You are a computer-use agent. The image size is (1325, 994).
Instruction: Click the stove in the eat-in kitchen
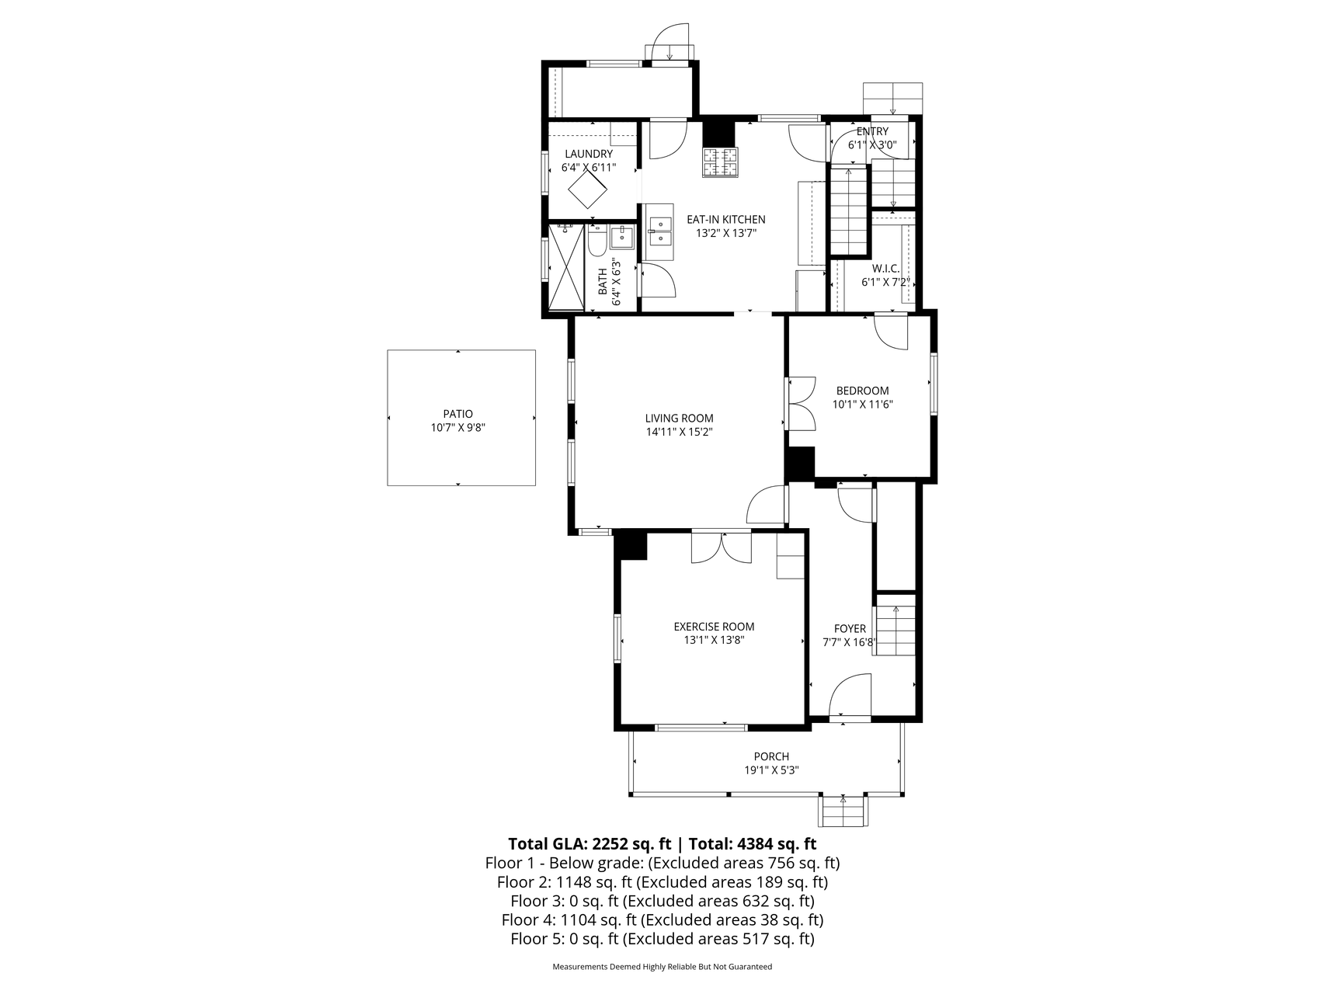[720, 162]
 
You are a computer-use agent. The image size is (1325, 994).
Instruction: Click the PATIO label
[458, 414]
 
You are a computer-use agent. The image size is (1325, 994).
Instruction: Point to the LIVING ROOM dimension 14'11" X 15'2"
[679, 432]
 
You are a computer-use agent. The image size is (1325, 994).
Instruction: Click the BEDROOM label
[862, 391]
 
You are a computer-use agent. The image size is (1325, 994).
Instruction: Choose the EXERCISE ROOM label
[714, 627]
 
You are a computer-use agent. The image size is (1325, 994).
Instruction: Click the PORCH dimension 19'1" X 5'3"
[771, 770]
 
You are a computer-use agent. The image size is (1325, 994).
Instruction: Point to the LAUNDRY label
[589, 154]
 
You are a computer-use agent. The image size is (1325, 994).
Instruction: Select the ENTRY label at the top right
[872, 132]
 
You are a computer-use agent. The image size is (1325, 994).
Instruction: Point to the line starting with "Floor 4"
[662, 920]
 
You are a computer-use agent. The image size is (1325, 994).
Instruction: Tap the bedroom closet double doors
[801, 403]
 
